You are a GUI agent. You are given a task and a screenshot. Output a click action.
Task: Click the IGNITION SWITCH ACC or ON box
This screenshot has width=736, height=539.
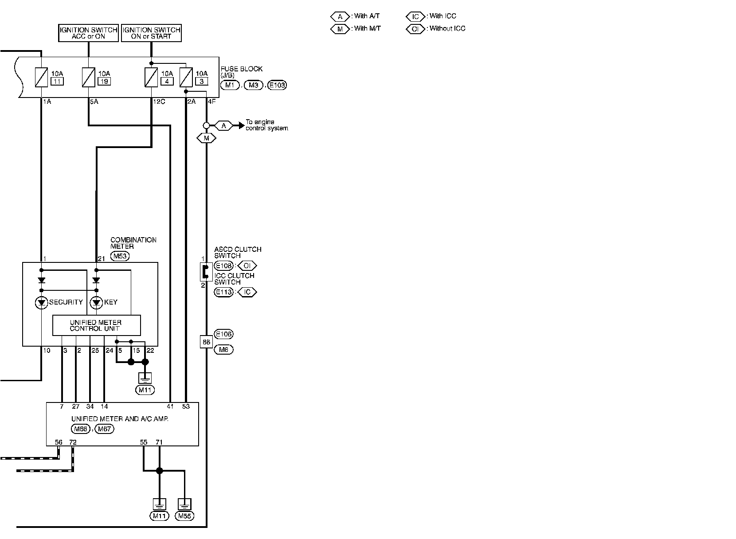(x=89, y=33)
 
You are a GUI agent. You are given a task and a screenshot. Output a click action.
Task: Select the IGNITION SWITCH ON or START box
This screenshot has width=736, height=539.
(x=151, y=33)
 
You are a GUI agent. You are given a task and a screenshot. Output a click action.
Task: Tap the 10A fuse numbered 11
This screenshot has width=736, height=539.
(x=41, y=77)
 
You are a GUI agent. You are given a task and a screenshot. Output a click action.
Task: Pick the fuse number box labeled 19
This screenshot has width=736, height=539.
(x=105, y=81)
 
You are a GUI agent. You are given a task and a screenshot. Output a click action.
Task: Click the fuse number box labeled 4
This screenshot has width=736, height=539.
(x=167, y=81)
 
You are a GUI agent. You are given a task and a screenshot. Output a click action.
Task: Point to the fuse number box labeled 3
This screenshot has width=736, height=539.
(x=201, y=81)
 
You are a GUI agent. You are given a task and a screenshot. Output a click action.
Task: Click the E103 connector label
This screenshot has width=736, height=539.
(x=277, y=85)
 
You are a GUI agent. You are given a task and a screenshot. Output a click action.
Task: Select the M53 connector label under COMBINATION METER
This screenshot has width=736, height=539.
(x=120, y=256)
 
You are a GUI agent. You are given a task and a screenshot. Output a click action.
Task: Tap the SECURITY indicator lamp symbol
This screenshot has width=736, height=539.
(x=42, y=303)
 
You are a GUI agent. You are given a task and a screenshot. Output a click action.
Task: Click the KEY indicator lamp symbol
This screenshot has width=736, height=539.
(x=96, y=303)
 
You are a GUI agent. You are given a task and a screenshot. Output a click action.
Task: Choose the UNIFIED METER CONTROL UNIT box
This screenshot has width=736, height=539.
(x=96, y=326)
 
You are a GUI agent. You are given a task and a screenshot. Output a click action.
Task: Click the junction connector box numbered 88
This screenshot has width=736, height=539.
(x=206, y=342)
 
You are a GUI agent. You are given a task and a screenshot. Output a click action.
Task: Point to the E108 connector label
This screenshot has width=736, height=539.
(x=223, y=266)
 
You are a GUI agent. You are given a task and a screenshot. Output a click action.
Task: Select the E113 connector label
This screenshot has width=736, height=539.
(x=223, y=292)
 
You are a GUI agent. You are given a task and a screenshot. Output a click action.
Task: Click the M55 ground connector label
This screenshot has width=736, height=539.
(x=184, y=516)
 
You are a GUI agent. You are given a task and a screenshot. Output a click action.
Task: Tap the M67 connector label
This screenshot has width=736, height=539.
(x=105, y=429)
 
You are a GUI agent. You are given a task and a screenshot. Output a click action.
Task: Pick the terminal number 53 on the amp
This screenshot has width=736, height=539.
(x=186, y=406)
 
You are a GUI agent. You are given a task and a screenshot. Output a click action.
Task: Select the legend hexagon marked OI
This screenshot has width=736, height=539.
(x=415, y=29)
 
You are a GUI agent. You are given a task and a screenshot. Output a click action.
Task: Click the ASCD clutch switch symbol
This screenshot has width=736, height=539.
(x=205, y=271)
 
